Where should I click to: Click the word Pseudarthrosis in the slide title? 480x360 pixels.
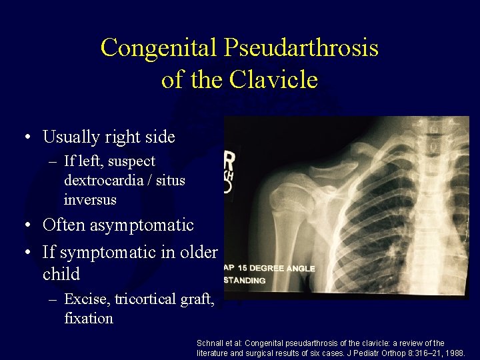pos(301,48)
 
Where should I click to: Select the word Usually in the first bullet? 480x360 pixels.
pos(69,137)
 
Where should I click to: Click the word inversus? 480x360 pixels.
pos(90,199)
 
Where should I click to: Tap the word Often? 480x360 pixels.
pos(62,225)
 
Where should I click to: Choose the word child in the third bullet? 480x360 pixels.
pos(61,274)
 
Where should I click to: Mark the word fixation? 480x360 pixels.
pos(89,318)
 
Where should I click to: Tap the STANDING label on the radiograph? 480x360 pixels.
pos(245,281)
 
